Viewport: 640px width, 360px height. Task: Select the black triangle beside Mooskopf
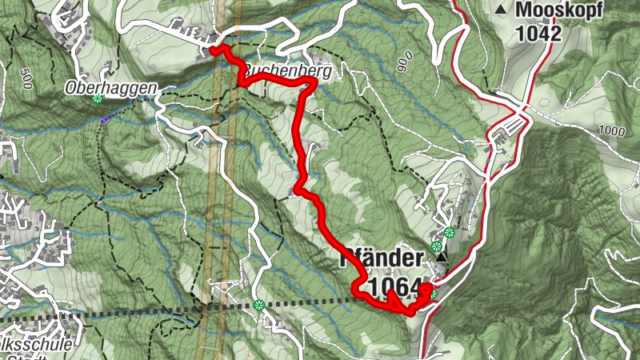pyautogui.click(x=502, y=10)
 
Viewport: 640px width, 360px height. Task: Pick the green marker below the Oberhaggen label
pyautogui.click(x=97, y=98)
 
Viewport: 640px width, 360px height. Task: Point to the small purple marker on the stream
pyautogui.click(x=104, y=119)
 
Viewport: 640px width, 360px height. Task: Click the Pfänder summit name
pyautogui.click(x=381, y=259)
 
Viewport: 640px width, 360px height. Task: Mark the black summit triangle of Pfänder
pyautogui.click(x=442, y=259)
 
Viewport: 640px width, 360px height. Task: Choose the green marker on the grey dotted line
pyautogui.click(x=258, y=304)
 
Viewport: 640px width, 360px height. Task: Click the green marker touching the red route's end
pyautogui.click(x=433, y=294)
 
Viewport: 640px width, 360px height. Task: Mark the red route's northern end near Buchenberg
pyautogui.click(x=214, y=49)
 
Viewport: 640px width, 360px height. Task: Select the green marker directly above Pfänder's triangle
pyautogui.click(x=437, y=246)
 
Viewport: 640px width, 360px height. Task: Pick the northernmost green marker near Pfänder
pyautogui.click(x=449, y=233)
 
